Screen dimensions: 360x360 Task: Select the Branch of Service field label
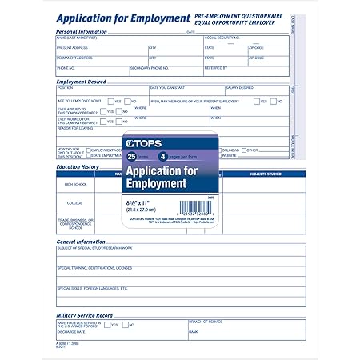(206, 322)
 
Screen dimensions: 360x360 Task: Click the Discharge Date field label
(70, 331)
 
